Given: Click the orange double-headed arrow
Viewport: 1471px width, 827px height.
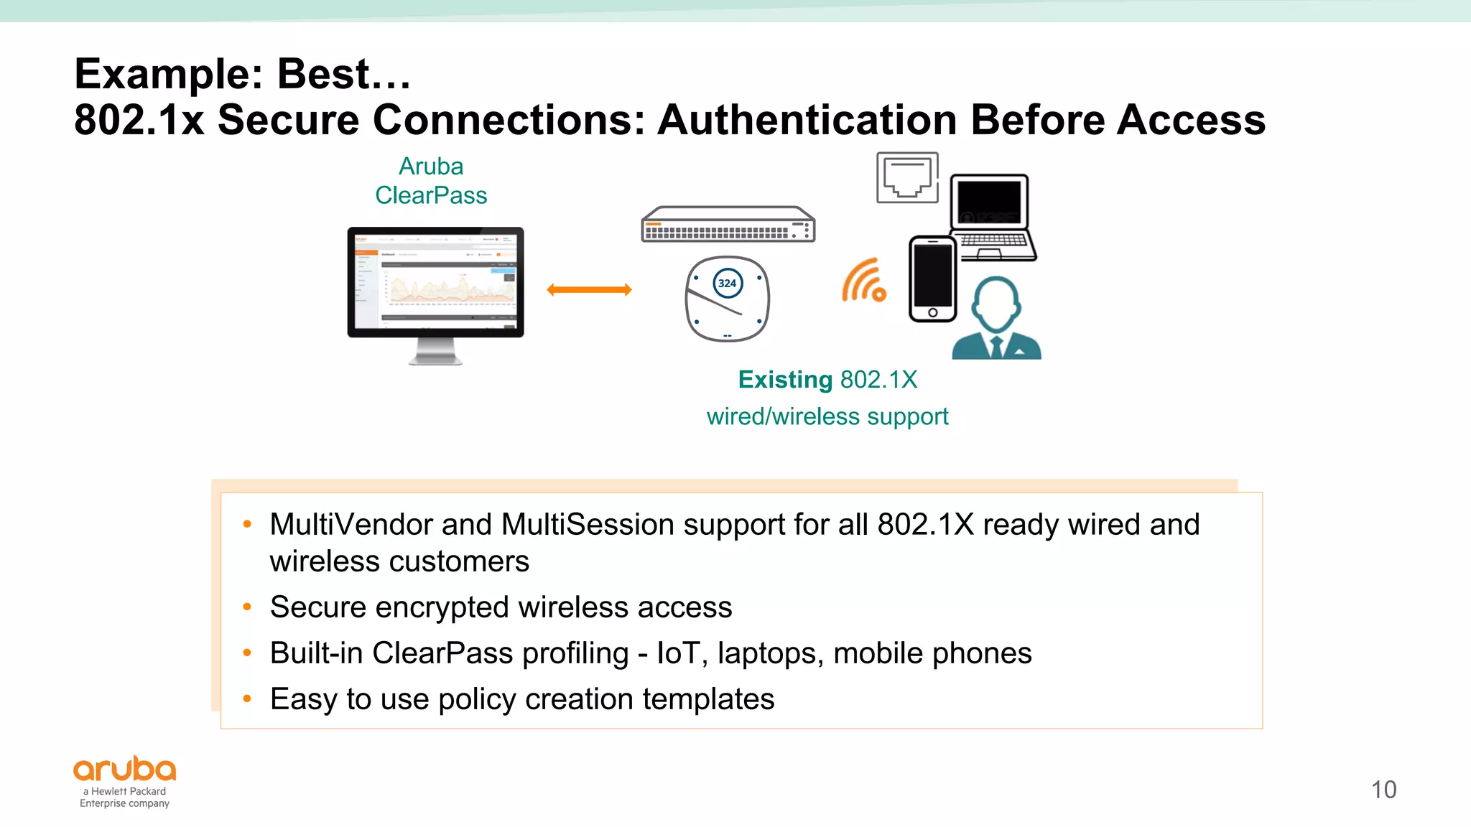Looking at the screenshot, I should (589, 290).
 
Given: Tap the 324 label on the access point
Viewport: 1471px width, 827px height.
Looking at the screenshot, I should (728, 284).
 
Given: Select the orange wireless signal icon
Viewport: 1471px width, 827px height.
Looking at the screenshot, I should (864, 281).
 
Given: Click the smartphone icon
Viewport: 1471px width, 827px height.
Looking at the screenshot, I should (932, 279).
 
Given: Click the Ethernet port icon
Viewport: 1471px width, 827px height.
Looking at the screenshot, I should (907, 177).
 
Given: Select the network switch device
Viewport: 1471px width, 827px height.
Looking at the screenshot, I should (728, 225).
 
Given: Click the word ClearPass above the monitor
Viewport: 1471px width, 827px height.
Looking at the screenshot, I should (431, 195).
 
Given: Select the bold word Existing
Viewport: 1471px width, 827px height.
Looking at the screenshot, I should (785, 380).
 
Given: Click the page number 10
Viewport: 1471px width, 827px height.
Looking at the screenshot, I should (1383, 790).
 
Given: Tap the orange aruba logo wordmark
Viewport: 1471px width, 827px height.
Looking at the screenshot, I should (125, 770).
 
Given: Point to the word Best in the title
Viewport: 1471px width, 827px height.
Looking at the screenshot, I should (323, 74).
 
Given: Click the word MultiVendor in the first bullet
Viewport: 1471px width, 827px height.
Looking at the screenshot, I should (351, 525).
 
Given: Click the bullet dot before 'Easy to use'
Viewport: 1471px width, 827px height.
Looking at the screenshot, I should (247, 698).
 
